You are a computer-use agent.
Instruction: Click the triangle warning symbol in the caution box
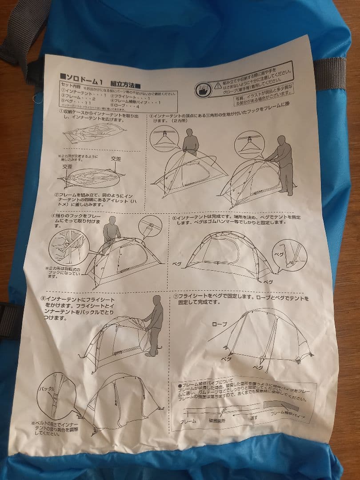click(x=217, y=83)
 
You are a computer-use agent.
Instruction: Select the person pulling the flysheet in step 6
click(x=154, y=324)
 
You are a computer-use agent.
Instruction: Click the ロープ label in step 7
click(x=219, y=324)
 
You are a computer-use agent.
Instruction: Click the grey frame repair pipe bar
click(x=279, y=405)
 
